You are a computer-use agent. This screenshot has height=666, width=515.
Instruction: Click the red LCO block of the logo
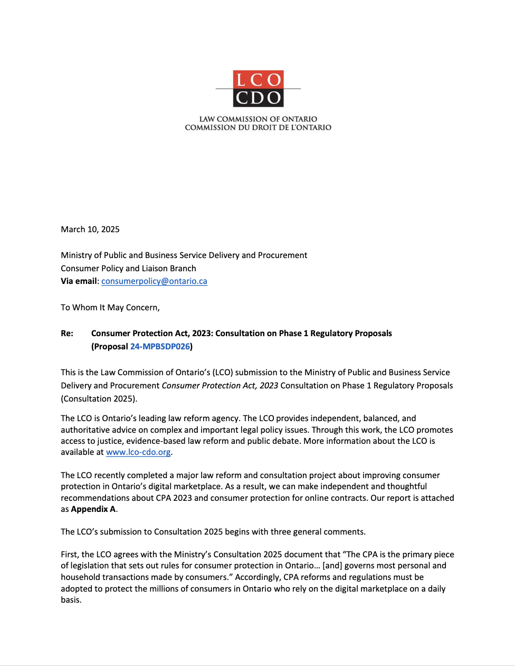point(258,79)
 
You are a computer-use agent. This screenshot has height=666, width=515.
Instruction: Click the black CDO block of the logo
point(258,98)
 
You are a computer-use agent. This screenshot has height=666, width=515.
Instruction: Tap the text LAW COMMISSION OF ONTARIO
point(258,119)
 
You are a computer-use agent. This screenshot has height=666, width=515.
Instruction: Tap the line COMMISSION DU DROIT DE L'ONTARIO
point(258,128)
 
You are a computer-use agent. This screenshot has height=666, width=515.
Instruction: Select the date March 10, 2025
point(90,229)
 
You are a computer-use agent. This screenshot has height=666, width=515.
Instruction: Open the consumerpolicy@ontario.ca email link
point(154,281)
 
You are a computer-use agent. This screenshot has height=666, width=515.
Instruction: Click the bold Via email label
point(79,281)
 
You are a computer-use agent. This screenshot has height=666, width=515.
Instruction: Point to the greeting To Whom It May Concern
point(110,307)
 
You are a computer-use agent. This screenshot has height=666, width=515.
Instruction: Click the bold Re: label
point(67,334)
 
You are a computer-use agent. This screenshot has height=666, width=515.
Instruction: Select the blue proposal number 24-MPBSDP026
point(160,347)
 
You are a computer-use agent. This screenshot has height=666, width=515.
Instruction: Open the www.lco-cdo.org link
point(138,452)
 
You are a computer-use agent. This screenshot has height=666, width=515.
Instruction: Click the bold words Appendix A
point(93,509)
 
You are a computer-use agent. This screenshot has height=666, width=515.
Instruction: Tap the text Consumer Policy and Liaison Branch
point(128,268)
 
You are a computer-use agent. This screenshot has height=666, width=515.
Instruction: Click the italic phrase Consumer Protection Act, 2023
point(220,386)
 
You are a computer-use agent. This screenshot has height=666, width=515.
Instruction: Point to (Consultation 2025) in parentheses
point(99,398)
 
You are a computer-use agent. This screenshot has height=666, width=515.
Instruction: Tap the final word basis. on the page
point(71,600)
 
